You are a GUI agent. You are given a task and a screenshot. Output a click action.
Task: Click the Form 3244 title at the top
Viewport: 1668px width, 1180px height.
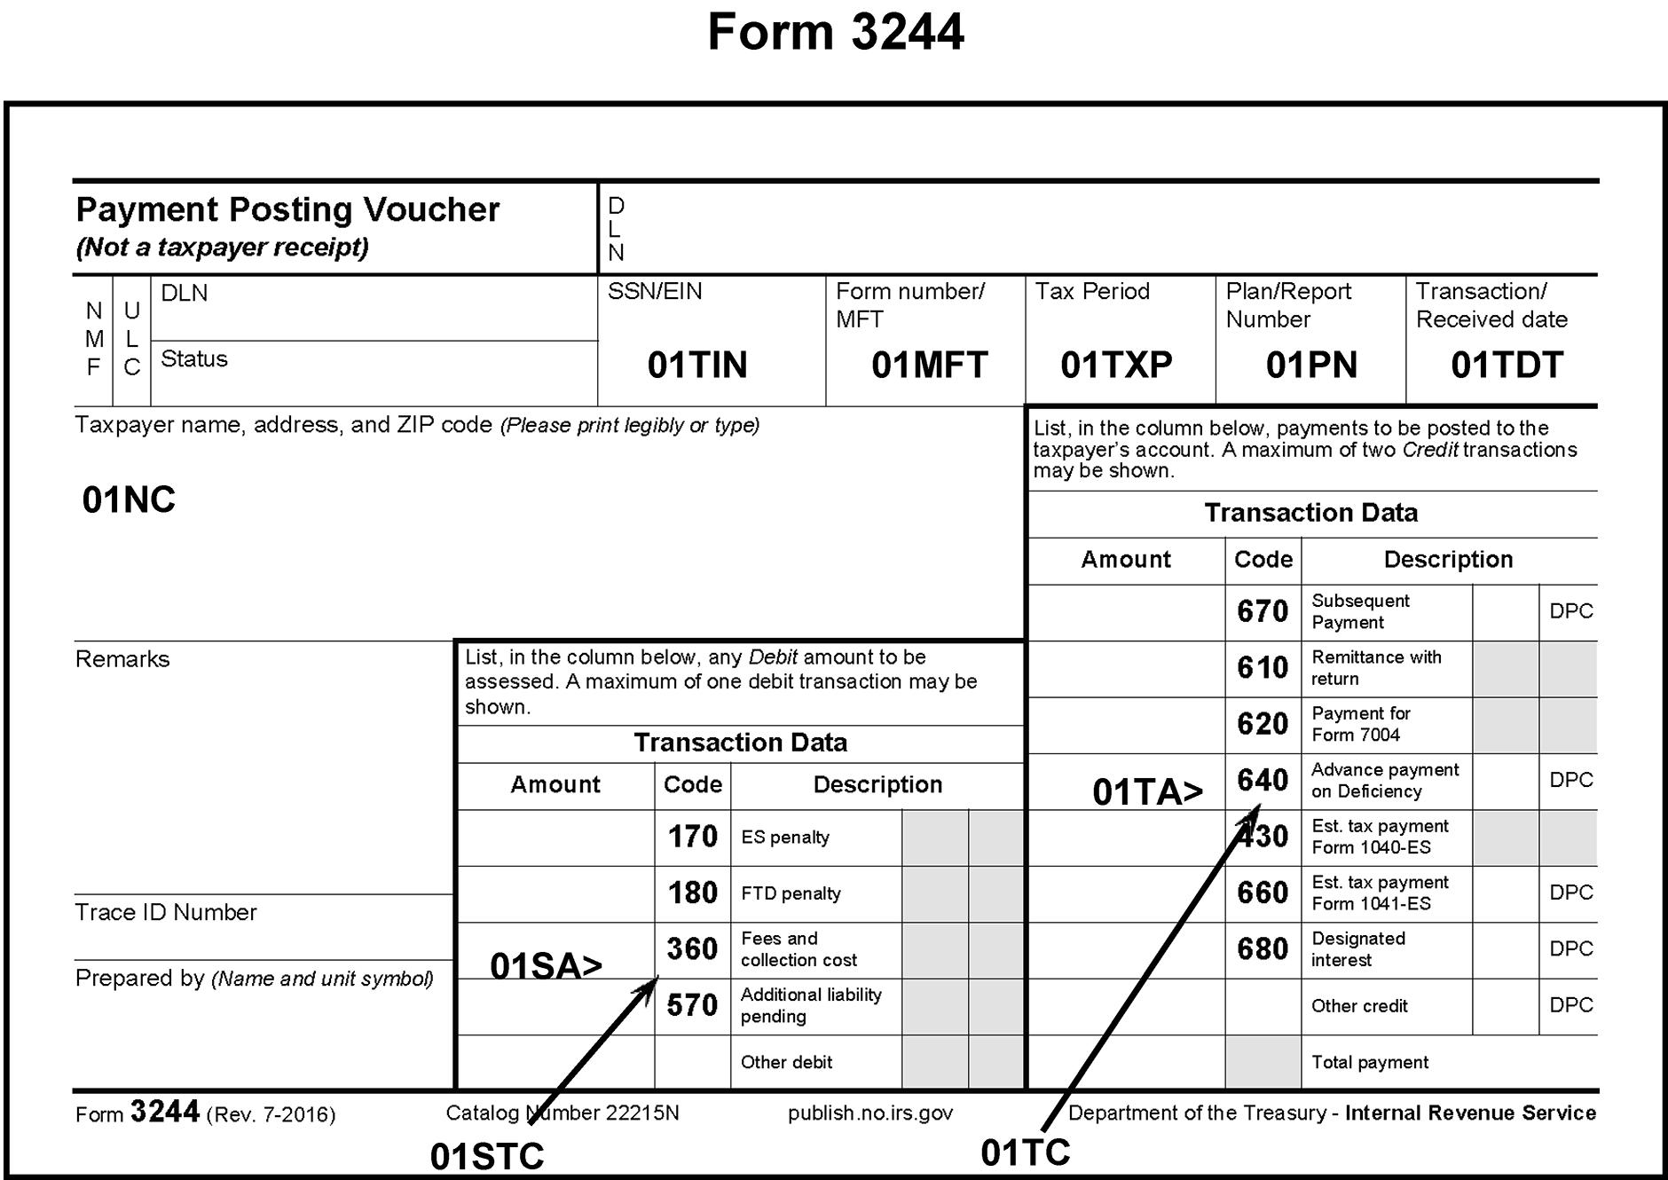[835, 33]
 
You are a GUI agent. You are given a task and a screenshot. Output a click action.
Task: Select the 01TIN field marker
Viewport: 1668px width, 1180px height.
[697, 366]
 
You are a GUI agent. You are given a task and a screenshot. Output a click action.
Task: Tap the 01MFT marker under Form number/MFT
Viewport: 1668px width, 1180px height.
[929, 366]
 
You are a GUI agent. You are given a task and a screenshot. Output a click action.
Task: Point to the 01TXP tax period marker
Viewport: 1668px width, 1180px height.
[1116, 366]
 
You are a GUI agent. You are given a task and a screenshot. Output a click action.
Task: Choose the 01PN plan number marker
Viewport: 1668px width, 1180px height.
[1311, 366]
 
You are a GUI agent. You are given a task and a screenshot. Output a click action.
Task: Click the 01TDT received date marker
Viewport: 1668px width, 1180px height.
[1507, 366]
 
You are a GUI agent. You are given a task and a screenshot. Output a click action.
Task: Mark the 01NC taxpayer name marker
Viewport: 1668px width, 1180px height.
[129, 500]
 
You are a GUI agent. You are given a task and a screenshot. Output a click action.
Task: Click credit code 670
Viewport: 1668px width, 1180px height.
[1263, 611]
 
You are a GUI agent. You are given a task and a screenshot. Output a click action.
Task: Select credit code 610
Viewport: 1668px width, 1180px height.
[1263, 668]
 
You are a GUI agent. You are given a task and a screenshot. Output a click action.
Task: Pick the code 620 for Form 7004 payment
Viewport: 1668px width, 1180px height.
[1263, 724]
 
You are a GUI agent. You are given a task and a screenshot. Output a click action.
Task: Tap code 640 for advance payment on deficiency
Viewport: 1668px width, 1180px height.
[1263, 781]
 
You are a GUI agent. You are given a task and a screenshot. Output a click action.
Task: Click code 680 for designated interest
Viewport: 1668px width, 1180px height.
[1263, 949]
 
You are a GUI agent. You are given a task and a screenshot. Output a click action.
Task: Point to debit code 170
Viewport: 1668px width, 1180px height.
[692, 837]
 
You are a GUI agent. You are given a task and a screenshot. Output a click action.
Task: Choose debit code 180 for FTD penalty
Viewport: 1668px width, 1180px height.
[692, 893]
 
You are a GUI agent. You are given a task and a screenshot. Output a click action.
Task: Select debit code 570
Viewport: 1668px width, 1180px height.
[692, 1006]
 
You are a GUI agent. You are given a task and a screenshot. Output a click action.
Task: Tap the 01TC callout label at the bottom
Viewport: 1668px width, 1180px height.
[1026, 1153]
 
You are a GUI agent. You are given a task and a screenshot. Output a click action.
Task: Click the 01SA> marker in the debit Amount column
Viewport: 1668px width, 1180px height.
[546, 966]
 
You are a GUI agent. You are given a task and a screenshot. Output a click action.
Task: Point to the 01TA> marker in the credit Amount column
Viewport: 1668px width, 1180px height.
[1147, 792]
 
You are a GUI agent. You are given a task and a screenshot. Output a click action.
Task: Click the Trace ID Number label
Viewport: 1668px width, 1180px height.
[166, 913]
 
